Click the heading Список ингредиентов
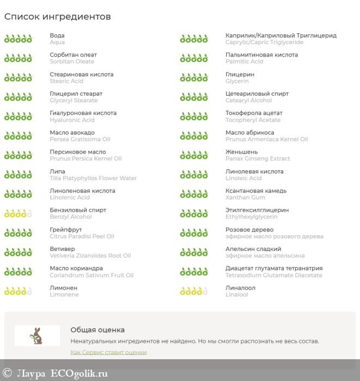[58, 17]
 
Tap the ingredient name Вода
[57, 35]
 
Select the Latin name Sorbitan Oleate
[72, 62]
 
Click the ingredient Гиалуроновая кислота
[83, 113]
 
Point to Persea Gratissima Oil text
[80, 139]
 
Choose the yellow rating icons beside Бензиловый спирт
[18, 213]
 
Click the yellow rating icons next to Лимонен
[18, 291]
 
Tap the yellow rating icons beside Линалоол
[194, 291]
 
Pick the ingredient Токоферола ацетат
[254, 113]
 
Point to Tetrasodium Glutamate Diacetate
[274, 275]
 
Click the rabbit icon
[37, 335]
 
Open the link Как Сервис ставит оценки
[108, 352]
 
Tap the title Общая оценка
[97, 330]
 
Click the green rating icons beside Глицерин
[194, 77]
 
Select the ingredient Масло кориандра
[76, 268]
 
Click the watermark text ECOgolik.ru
[79, 373]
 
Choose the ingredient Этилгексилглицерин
[257, 210]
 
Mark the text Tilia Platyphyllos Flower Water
[93, 178]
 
